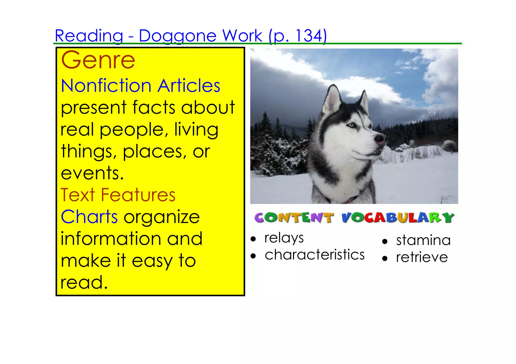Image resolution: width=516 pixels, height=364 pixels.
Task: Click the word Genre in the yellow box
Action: click(x=98, y=60)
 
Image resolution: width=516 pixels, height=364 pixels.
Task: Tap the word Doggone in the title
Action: click(x=178, y=36)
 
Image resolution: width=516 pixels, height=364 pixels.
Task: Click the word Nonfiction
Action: click(x=106, y=86)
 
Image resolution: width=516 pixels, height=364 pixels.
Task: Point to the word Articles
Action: click(x=189, y=86)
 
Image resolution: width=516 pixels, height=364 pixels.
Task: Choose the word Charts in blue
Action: click(x=89, y=217)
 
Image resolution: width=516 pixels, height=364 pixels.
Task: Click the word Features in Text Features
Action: click(x=138, y=195)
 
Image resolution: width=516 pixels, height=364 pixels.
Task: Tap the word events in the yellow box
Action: click(x=92, y=173)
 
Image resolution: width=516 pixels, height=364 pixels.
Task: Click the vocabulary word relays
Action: click(x=284, y=238)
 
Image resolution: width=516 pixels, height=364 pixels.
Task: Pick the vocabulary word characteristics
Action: click(x=315, y=255)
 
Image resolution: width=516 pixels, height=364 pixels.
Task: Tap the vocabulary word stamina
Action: click(x=423, y=240)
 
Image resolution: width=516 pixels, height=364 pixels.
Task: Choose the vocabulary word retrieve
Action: click(x=422, y=257)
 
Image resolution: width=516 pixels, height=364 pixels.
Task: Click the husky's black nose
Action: click(x=380, y=138)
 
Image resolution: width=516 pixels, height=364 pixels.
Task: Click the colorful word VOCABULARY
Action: click(x=398, y=218)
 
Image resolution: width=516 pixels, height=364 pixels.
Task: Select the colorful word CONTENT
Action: click(x=294, y=218)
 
